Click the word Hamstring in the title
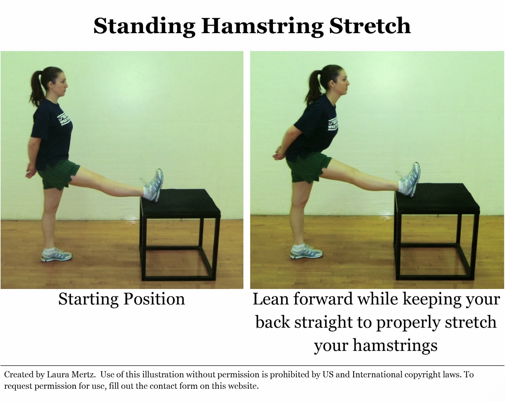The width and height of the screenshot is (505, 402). click(262, 27)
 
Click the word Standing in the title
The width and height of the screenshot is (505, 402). click(144, 27)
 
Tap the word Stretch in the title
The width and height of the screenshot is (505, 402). click(370, 26)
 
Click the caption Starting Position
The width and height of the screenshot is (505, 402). click(122, 299)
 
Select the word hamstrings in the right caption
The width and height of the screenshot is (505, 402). click(395, 345)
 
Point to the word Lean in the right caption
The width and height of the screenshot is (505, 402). click(271, 299)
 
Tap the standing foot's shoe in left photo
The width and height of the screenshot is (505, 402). click(56, 255)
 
